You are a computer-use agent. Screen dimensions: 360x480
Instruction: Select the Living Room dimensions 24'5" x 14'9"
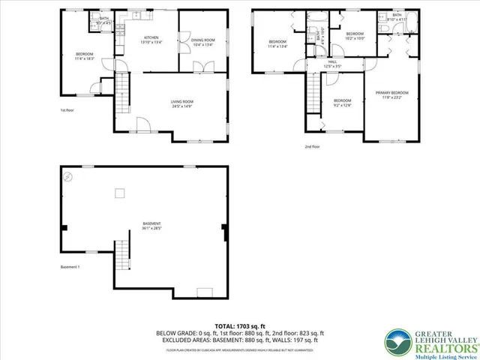(x=182, y=105)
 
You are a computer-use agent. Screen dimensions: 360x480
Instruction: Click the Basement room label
(x=152, y=225)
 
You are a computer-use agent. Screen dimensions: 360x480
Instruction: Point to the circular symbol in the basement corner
(x=68, y=177)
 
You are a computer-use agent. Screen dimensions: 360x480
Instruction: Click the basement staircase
(x=122, y=257)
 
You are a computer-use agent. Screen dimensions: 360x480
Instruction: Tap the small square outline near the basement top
(x=119, y=193)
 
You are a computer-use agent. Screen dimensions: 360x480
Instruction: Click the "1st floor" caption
(x=68, y=111)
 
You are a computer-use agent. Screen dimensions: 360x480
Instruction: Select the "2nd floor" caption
(x=312, y=147)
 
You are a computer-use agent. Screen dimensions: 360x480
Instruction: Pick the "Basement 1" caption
(x=70, y=267)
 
